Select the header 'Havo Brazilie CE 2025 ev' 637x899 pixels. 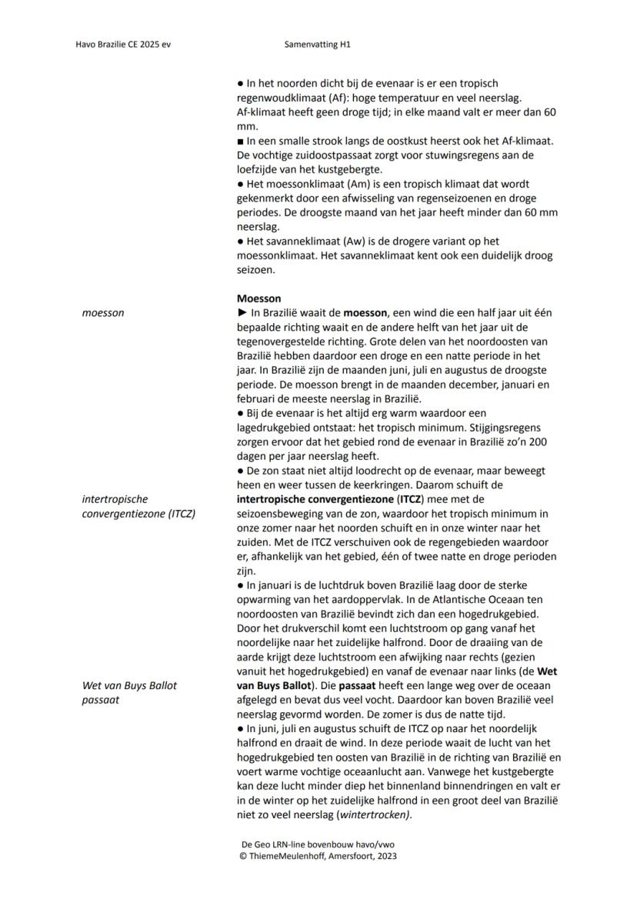(123, 45)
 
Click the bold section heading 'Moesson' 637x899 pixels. (258, 298)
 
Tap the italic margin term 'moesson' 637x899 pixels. (102, 313)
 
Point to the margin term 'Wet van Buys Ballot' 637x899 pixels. (129, 685)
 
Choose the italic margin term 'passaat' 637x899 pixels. (100, 700)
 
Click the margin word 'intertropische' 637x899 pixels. (115, 499)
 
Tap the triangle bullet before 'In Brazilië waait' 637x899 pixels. (241, 313)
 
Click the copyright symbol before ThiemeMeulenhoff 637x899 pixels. (243, 855)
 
